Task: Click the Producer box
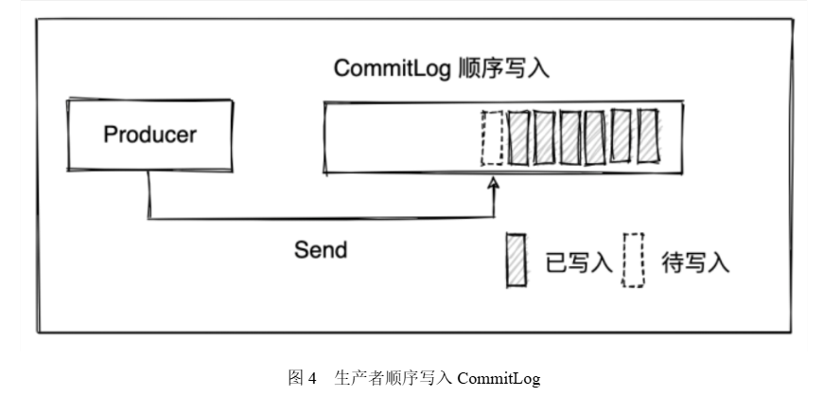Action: (x=149, y=135)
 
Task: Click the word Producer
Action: (x=149, y=135)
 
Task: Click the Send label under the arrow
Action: (x=321, y=250)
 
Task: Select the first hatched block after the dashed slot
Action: (x=518, y=137)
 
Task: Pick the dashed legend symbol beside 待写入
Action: (x=634, y=259)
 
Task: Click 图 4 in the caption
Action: (x=302, y=378)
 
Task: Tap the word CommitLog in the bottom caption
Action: (x=498, y=378)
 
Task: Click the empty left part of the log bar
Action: (x=397, y=137)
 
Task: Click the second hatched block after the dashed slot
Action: (x=546, y=137)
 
